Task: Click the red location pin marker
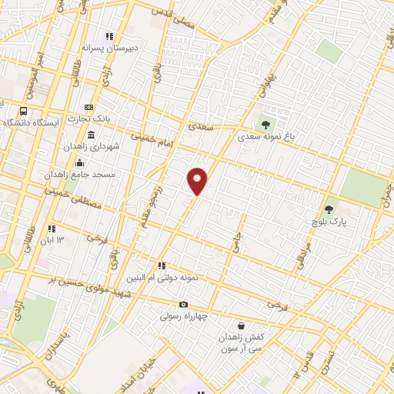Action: (x=198, y=181)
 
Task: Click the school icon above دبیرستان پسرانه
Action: (x=110, y=35)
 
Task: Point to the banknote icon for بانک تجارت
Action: (x=89, y=107)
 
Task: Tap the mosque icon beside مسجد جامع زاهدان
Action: (x=81, y=162)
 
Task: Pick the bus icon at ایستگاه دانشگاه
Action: (x=2, y=111)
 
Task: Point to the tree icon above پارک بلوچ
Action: (x=329, y=209)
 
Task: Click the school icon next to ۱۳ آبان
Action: (x=52, y=229)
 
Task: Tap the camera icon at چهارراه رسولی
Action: (x=183, y=305)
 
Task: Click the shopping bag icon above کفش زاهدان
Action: (x=242, y=326)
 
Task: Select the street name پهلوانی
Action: (x=261, y=88)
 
